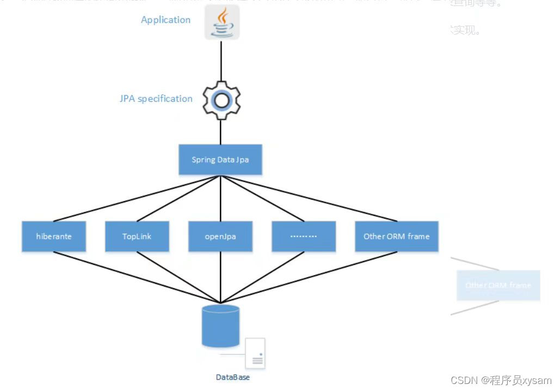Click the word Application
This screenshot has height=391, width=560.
(x=165, y=20)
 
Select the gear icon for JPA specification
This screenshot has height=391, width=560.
(x=221, y=100)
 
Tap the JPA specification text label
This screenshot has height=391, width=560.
(x=156, y=99)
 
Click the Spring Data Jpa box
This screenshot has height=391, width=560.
(x=220, y=160)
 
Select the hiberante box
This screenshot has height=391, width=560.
(x=54, y=237)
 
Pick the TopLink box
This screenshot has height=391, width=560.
(x=137, y=237)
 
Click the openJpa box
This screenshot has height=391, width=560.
(x=220, y=237)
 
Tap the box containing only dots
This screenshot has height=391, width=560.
(x=304, y=237)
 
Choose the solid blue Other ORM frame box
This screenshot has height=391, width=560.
(x=396, y=237)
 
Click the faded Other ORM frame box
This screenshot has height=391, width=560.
(x=498, y=286)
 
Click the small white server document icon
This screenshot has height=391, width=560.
(x=255, y=353)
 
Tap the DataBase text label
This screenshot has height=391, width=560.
(x=233, y=377)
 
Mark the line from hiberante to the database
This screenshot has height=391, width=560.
(x=136, y=277)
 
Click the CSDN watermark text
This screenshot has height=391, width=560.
(x=501, y=381)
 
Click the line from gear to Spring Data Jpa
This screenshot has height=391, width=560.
(x=221, y=132)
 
